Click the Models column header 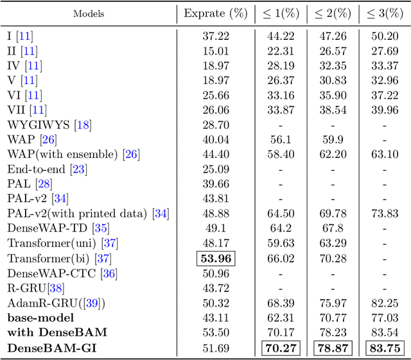(89, 13)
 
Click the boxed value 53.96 (216, 259)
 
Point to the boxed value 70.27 (281, 349)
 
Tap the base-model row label (40, 318)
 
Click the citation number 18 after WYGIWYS (83, 124)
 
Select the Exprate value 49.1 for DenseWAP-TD (216, 228)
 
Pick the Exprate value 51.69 (216, 349)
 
